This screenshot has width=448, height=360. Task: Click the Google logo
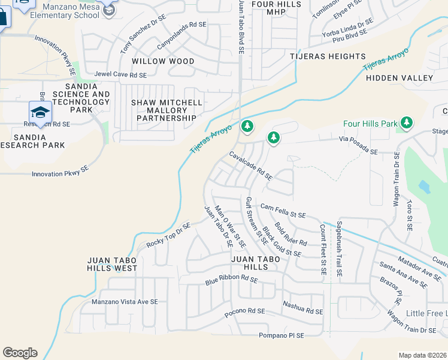tap(20, 353)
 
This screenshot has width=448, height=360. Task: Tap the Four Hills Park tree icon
tap(407, 123)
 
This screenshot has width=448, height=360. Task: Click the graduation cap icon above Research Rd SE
tap(40, 112)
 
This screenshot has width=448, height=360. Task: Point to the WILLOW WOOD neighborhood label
tap(163, 61)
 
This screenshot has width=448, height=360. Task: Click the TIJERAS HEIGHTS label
tap(328, 56)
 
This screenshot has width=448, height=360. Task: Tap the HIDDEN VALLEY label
tap(399, 78)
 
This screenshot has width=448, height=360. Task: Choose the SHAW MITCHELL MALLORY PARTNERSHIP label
tap(167, 110)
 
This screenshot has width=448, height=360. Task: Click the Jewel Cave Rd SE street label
tap(120, 75)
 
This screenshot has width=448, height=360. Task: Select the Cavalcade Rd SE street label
tap(251, 166)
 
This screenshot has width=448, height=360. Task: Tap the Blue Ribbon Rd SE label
tap(231, 280)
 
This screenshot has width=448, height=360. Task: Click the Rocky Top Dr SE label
tap(168, 235)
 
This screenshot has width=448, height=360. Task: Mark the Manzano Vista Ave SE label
tap(125, 302)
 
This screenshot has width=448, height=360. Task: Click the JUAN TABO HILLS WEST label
tap(112, 264)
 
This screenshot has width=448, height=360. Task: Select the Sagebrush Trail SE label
tap(339, 249)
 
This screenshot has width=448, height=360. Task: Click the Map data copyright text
tap(422, 355)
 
